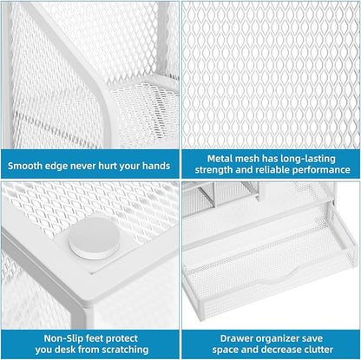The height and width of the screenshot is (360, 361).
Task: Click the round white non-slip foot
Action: (94, 238)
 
